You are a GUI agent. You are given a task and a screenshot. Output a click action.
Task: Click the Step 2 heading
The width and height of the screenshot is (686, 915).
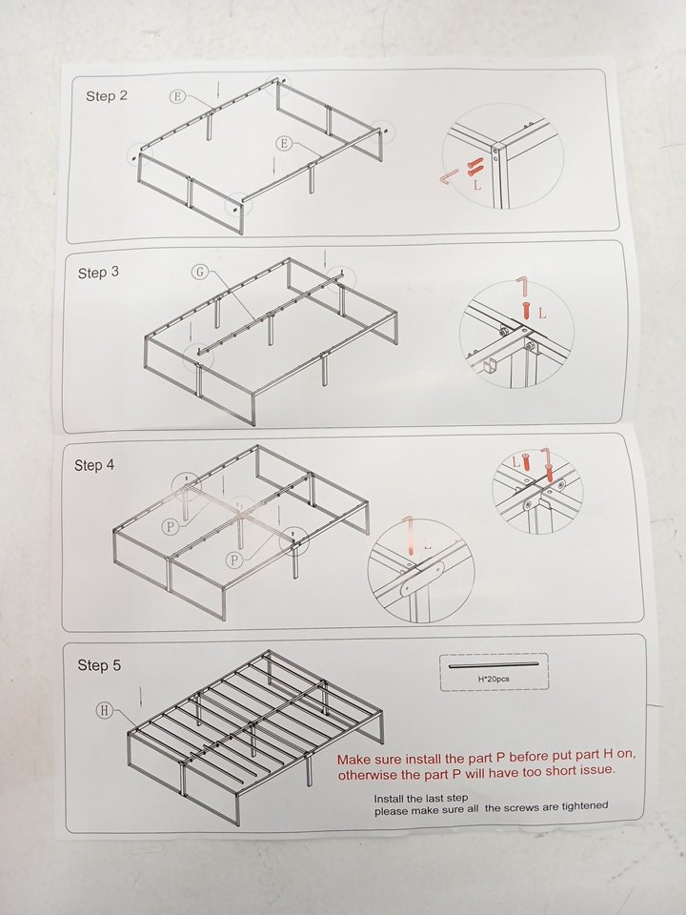click(106, 95)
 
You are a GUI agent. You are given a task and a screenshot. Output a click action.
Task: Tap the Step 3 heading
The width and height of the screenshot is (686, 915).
click(98, 273)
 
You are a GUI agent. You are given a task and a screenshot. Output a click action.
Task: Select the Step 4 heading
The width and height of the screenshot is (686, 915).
click(94, 465)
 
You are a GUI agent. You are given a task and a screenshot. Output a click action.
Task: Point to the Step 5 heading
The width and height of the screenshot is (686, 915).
click(99, 665)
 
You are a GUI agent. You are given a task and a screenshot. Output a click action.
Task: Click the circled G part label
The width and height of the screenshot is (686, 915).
click(199, 272)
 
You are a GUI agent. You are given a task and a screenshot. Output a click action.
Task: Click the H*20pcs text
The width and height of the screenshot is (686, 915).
click(493, 679)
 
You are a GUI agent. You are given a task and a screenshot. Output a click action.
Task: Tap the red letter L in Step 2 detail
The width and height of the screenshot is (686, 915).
click(477, 186)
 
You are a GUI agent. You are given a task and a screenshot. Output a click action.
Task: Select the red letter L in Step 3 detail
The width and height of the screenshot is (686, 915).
click(542, 314)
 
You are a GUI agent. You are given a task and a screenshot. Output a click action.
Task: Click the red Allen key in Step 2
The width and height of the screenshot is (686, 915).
click(448, 176)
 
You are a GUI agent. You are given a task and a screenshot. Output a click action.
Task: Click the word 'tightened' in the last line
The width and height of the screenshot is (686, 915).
click(584, 806)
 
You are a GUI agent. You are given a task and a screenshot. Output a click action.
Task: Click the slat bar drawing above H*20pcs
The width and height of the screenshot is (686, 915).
click(493, 664)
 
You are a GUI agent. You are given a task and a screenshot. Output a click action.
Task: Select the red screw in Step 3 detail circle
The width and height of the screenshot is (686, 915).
click(526, 309)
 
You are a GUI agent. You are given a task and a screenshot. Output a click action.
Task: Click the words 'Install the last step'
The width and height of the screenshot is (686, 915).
click(420, 799)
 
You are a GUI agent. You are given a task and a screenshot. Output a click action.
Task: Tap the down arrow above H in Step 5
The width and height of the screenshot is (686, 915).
click(141, 697)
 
